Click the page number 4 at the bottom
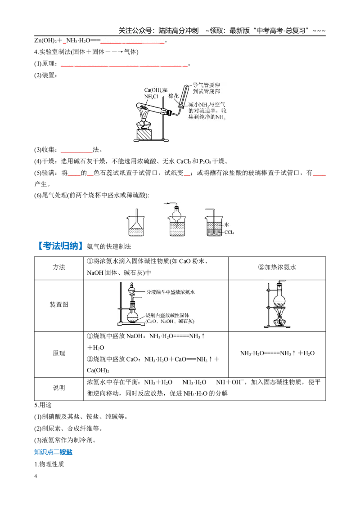pyautogui.click(x=36, y=476)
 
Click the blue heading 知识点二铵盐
pyautogui.click(x=53, y=452)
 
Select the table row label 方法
pyautogui.click(x=59, y=267)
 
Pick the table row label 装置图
pyautogui.click(x=59, y=304)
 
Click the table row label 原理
pyautogui.click(x=59, y=353)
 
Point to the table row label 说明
pyautogui.click(x=59, y=388)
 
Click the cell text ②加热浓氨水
pyautogui.click(x=277, y=267)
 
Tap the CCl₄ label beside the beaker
pyautogui.click(x=229, y=232)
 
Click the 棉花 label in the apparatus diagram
pyautogui.click(x=174, y=96)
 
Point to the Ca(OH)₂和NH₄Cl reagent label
pyautogui.click(x=156, y=93)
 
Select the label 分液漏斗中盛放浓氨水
pyautogui.click(x=171, y=292)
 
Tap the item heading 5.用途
pyautogui.click(x=43, y=405)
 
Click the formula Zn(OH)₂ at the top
pyautogui.click(x=45, y=41)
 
